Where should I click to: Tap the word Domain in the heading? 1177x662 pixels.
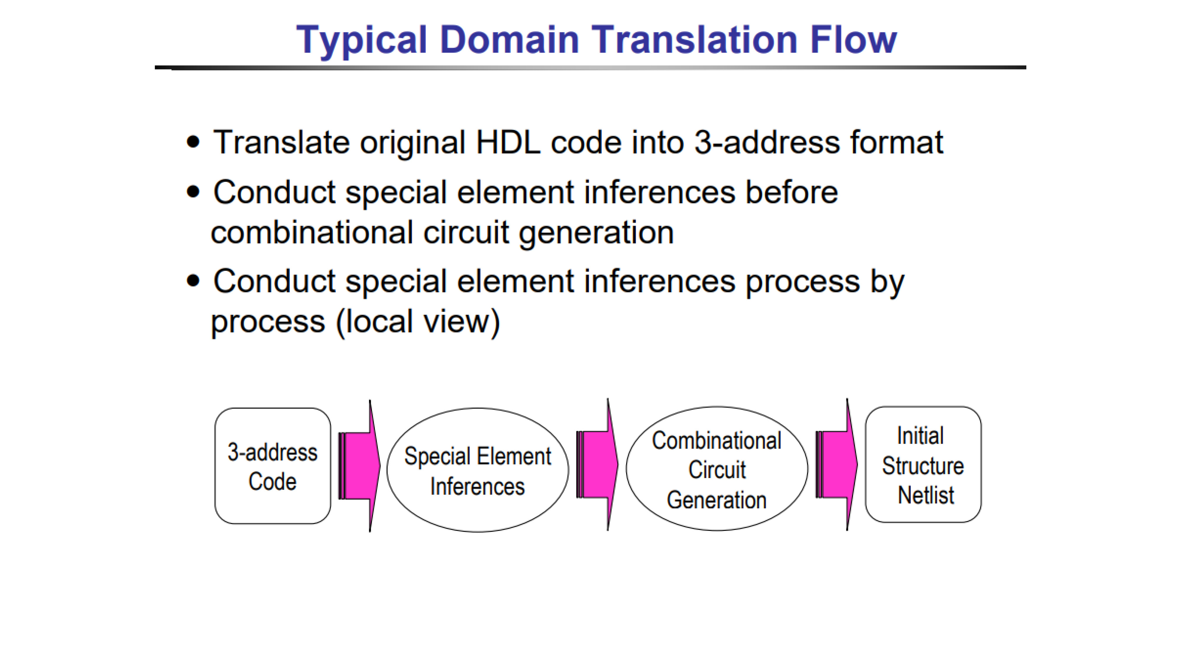(x=509, y=39)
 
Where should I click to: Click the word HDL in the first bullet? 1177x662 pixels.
(x=508, y=142)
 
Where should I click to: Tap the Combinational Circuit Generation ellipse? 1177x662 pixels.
(x=716, y=468)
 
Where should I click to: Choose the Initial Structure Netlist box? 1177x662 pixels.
(x=923, y=464)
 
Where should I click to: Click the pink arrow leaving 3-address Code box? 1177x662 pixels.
(x=359, y=466)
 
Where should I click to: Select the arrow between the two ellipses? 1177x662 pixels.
(x=597, y=465)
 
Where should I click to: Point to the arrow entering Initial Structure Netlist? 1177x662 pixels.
(x=837, y=465)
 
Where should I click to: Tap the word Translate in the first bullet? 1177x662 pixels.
(x=282, y=142)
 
